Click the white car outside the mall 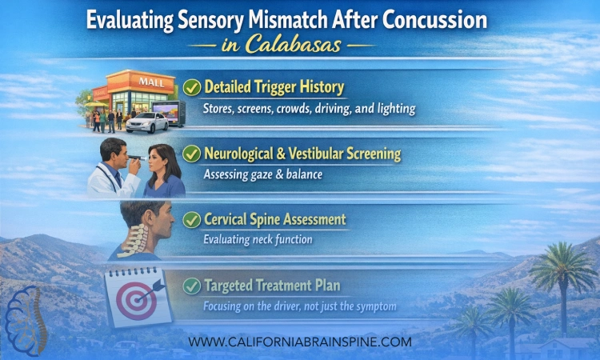point(147,122)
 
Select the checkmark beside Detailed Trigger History point(192,86)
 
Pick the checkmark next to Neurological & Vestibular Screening point(192,152)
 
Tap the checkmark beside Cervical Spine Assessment point(192,218)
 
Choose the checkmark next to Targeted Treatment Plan point(192,284)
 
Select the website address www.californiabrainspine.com point(300,342)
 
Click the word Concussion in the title point(428,20)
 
